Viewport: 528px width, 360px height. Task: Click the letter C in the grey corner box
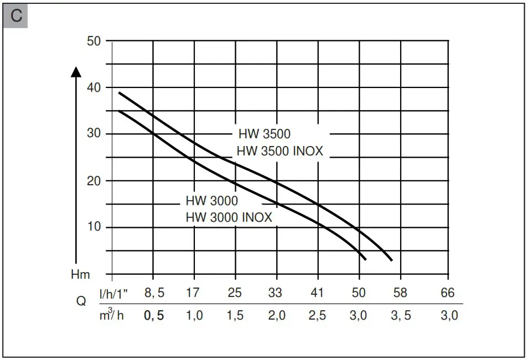[x=16, y=16]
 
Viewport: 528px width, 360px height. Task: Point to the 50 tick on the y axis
[x=95, y=41]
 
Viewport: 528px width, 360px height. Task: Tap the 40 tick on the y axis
[x=95, y=88]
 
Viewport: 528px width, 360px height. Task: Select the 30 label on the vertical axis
[x=95, y=134]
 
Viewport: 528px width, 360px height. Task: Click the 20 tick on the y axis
[x=95, y=181]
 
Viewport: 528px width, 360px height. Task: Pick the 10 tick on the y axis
[x=95, y=227]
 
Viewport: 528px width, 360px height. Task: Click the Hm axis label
[x=80, y=274]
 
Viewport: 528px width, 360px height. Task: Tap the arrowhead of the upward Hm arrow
[x=77, y=71]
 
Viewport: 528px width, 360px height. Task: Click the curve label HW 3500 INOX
[x=279, y=151]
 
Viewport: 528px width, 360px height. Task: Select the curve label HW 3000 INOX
[x=229, y=217]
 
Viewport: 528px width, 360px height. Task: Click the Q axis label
[x=81, y=302]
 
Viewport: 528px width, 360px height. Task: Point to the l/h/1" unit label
[x=114, y=293]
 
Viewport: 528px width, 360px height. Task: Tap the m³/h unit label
[x=111, y=316]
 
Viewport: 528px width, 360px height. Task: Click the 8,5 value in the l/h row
[x=154, y=293]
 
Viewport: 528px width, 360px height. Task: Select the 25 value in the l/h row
[x=235, y=293]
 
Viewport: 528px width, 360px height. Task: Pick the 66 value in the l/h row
[x=447, y=293]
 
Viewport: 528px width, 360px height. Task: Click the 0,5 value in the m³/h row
[x=154, y=316]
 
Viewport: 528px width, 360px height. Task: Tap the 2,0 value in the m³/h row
[x=276, y=316]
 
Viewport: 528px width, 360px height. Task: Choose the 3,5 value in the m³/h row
[x=401, y=316]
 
